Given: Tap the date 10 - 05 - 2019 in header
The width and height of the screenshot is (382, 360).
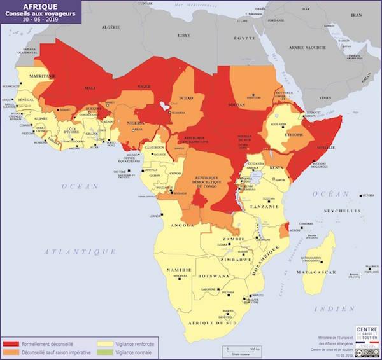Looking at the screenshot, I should (40, 19).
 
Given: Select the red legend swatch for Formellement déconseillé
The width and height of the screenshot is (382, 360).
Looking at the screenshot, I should (11, 343).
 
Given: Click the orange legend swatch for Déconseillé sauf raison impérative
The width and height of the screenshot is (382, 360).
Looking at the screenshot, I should (11, 352).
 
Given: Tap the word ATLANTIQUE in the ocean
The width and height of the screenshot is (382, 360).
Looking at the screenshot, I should (80, 252).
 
